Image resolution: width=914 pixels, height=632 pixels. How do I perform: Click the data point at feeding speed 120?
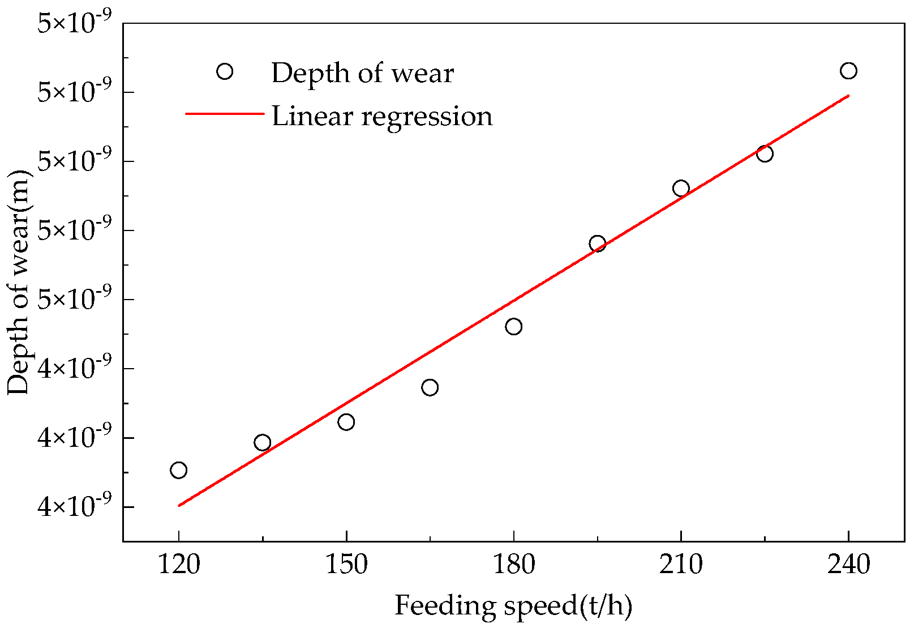click(178, 470)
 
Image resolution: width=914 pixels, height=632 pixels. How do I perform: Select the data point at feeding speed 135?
click(262, 442)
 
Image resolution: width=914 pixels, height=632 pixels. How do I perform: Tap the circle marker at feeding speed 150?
click(346, 422)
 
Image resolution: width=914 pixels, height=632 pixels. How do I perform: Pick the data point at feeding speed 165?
click(430, 387)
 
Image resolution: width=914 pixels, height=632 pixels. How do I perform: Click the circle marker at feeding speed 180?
click(513, 326)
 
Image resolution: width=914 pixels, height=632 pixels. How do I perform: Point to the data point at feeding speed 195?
click(597, 244)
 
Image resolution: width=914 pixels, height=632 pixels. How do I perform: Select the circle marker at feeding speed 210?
click(681, 188)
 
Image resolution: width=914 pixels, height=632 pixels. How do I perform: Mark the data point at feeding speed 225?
click(765, 153)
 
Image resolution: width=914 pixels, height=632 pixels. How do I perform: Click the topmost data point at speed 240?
click(848, 71)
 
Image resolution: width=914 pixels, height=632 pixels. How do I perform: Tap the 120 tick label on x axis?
click(178, 565)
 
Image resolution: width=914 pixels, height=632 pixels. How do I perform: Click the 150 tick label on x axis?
click(346, 565)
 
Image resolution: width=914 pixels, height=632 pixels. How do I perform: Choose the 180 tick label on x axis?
click(513, 565)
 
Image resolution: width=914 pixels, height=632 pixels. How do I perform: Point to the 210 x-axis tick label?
click(681, 565)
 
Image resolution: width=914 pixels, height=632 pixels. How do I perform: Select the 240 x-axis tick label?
click(848, 565)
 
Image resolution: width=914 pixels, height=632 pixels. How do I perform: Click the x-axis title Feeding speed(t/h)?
click(513, 605)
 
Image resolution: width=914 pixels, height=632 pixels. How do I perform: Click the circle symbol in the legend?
click(225, 71)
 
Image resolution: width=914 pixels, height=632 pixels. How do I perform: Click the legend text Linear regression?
click(382, 116)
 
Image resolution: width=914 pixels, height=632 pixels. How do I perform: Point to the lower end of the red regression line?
click(179, 505)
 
